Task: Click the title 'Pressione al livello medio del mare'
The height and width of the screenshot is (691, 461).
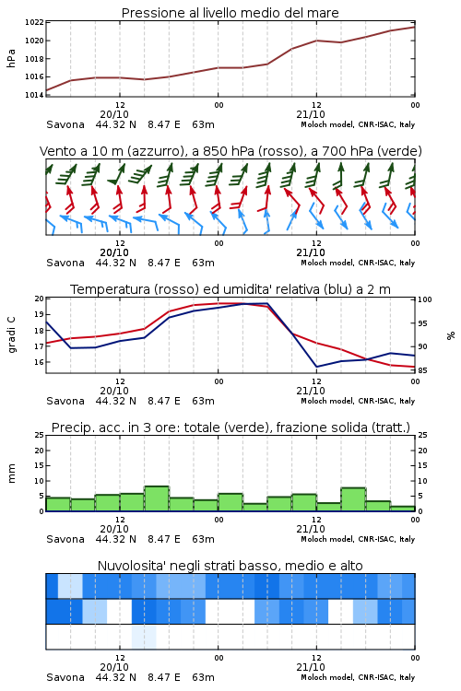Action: [230, 13]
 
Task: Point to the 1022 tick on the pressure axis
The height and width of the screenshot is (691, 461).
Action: [34, 22]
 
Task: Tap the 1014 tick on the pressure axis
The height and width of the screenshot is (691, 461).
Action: [34, 95]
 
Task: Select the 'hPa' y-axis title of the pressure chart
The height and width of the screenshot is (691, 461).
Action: [11, 58]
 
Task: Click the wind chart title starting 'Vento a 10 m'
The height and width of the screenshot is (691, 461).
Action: [230, 152]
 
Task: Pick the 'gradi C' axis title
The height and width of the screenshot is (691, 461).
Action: [11, 335]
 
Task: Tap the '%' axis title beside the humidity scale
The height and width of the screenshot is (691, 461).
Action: [451, 335]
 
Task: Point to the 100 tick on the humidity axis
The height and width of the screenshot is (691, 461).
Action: [424, 299]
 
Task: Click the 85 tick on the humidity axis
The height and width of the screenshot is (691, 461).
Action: [422, 370]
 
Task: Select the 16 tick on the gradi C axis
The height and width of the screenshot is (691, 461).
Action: [40, 362]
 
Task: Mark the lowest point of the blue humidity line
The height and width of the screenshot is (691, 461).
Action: [316, 367]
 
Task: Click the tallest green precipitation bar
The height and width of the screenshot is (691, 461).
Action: [157, 498]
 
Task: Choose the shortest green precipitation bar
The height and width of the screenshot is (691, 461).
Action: [402, 509]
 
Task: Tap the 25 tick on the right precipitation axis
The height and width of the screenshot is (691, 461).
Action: [422, 435]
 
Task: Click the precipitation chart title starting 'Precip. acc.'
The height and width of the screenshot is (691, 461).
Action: [230, 427]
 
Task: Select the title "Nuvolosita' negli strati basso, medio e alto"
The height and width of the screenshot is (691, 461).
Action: [230, 566]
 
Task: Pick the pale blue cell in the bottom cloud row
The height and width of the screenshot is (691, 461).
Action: [144, 637]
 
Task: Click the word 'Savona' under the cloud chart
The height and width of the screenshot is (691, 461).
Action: [65, 677]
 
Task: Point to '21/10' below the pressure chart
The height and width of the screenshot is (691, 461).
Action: [311, 114]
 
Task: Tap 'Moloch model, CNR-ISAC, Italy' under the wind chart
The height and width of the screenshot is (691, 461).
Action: [358, 263]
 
